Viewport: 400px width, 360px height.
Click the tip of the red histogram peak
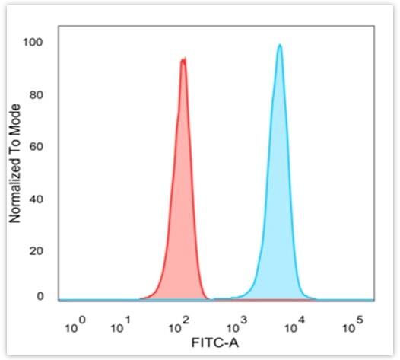click(183, 59)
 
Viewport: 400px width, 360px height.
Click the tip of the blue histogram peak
click(280, 45)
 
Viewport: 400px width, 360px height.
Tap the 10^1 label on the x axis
click(121, 327)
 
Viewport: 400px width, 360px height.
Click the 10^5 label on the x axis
click(351, 327)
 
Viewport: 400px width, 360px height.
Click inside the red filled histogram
click(182, 228)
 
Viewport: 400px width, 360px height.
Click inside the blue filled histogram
click(279, 228)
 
